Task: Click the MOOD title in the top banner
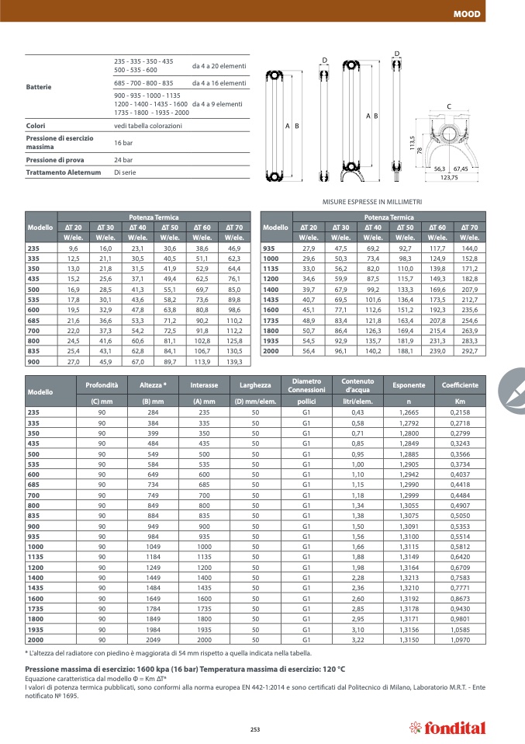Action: (x=466, y=14)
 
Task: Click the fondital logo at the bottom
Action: (x=447, y=728)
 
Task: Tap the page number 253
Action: (x=254, y=728)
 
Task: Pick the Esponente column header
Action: (x=409, y=385)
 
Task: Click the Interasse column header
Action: (x=204, y=385)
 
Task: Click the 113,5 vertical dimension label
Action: (x=412, y=145)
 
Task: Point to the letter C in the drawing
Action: (x=449, y=106)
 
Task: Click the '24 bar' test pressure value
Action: (x=123, y=160)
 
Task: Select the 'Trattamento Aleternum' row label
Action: (x=64, y=172)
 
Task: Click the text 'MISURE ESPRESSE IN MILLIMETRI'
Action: (x=371, y=202)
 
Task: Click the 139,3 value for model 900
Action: (x=235, y=362)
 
